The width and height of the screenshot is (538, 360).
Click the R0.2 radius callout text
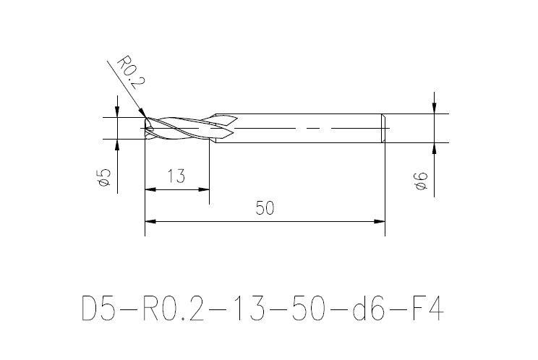click(x=132, y=72)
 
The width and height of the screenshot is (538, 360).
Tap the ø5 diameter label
click(x=103, y=178)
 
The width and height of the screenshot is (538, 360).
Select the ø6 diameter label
click(x=421, y=181)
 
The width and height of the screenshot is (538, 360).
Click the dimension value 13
click(x=176, y=176)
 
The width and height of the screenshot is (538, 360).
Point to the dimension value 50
click(x=265, y=208)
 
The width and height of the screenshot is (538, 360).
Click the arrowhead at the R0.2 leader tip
click(x=142, y=113)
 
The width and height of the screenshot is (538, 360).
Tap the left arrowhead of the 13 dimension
click(x=150, y=189)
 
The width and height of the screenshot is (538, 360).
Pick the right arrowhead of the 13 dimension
click(x=204, y=189)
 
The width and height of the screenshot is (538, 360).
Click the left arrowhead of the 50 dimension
click(x=150, y=221)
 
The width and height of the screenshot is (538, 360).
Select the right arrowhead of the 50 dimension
click(x=380, y=221)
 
